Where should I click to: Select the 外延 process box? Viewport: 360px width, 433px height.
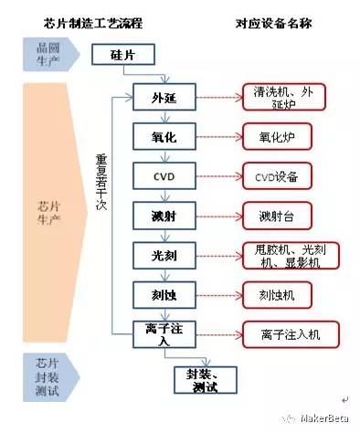164,97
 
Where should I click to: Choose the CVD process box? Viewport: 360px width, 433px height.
164,174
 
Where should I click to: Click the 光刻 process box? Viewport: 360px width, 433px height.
164,255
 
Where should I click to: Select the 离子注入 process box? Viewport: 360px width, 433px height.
164,334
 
